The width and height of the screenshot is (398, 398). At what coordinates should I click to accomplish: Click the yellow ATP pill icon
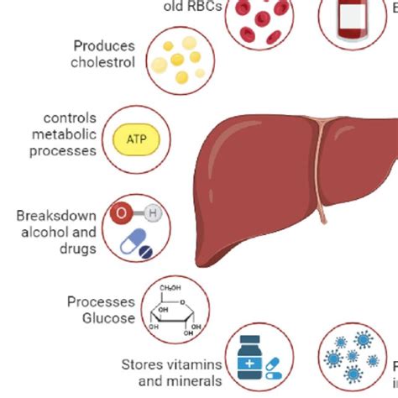[x=135, y=139]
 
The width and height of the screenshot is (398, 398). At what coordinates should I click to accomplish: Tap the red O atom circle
[x=122, y=213]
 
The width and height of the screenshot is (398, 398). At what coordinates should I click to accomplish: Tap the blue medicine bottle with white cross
[x=249, y=358]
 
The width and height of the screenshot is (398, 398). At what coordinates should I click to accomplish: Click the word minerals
[x=193, y=380]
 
